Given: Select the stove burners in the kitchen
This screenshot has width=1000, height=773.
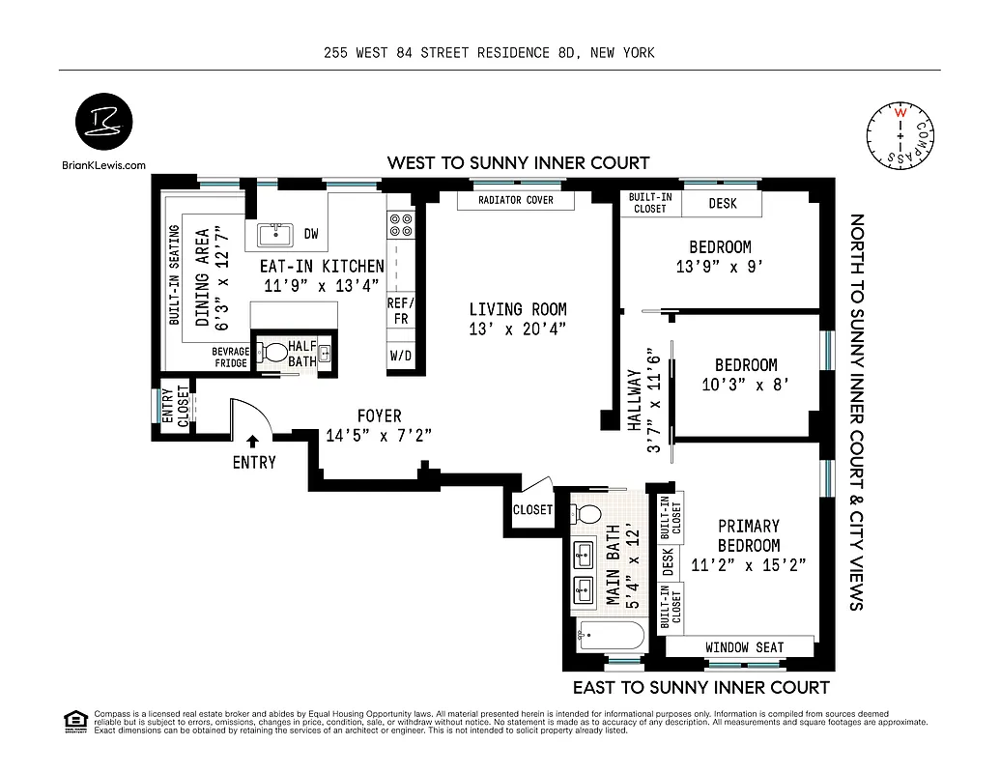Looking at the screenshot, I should (401, 225).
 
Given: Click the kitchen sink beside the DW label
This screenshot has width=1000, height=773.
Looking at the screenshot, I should (275, 234).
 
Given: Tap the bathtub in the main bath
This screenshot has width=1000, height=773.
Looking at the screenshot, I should (607, 638).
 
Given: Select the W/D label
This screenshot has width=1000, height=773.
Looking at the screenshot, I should (401, 356).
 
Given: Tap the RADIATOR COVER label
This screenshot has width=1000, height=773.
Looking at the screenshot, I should (516, 200).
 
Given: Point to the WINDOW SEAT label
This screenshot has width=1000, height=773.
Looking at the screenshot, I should (744, 647).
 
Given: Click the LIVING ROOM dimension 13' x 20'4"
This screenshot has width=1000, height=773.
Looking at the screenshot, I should (518, 329).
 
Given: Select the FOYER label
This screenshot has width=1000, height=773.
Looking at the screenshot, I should (379, 416).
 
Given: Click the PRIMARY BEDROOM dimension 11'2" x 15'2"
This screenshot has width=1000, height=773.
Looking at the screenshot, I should (749, 565).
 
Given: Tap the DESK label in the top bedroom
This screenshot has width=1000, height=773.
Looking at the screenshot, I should (723, 204).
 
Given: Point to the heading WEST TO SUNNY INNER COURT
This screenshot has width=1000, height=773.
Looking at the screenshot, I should (518, 162).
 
